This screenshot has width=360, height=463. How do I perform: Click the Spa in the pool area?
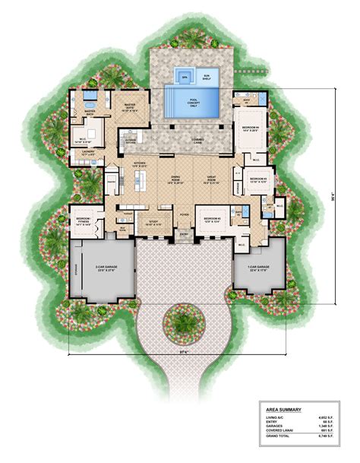pos(184,77)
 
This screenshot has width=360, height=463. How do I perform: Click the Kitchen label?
pos(140,163)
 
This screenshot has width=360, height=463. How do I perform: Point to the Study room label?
pos(155,223)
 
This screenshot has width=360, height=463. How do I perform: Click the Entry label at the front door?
pos(183,235)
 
